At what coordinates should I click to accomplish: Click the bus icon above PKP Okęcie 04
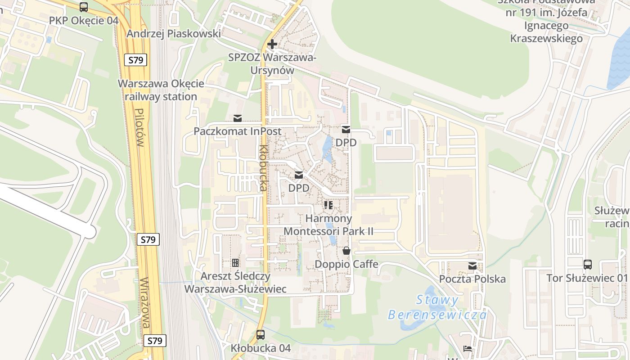(84, 7)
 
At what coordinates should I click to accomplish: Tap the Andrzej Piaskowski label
(174, 34)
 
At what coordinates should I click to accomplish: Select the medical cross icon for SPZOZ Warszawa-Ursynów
(272, 44)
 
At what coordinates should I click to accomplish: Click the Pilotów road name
(139, 128)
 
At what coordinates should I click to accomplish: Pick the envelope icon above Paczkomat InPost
(238, 118)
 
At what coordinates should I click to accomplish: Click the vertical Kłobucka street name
(263, 168)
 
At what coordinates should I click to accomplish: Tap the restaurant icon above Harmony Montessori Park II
(328, 205)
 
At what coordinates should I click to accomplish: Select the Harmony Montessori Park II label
(328, 225)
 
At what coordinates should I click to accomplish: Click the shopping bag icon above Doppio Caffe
(346, 251)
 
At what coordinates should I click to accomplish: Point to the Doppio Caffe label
(346, 264)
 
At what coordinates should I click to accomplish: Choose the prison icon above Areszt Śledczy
(235, 263)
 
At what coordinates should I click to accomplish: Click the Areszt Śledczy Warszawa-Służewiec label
(235, 283)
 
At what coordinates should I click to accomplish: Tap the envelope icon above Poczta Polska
(472, 266)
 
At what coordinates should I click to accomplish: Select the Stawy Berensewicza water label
(437, 307)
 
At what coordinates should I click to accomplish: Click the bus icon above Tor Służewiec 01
(587, 264)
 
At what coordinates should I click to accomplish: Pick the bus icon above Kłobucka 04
(261, 335)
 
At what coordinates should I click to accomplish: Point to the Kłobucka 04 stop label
(261, 348)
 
